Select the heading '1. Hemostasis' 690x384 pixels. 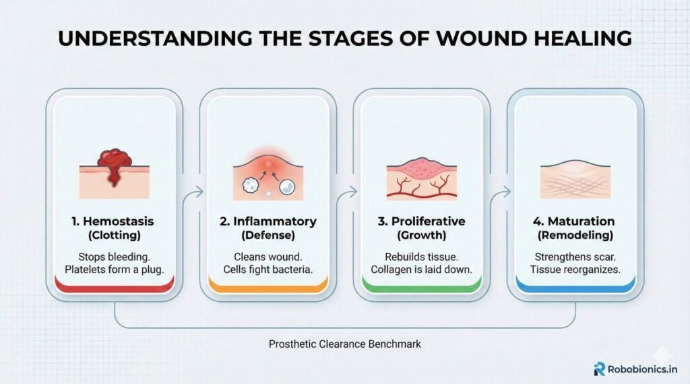[113, 221]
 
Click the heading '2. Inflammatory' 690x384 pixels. [268, 221]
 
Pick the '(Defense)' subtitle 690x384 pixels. [268, 235]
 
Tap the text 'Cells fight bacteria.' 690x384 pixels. [268, 269]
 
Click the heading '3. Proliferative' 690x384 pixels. [422, 221]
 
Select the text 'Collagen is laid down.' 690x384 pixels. [422, 269]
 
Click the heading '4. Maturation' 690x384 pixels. [576, 221]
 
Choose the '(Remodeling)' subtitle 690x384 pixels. [576, 235]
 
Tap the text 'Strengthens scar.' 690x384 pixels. [576, 256]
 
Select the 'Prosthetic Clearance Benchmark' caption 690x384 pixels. [344, 344]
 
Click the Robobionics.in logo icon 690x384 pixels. [600, 368]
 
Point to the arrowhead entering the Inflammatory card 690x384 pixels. [201, 193]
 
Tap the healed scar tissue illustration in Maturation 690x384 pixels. [576, 180]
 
